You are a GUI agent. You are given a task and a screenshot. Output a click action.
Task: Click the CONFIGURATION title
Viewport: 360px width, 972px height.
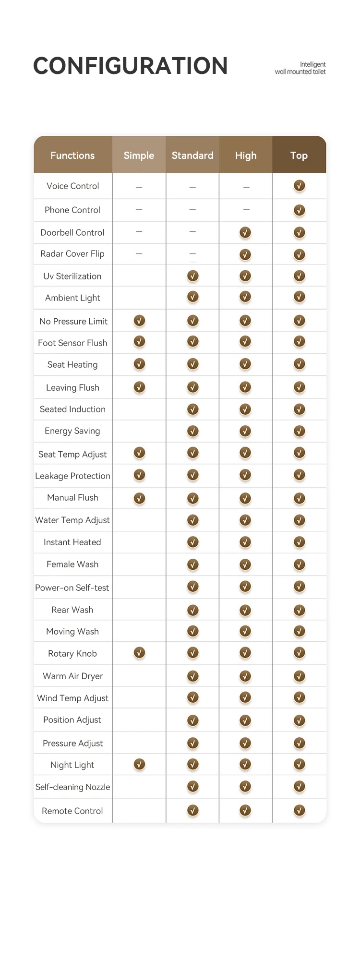(x=130, y=66)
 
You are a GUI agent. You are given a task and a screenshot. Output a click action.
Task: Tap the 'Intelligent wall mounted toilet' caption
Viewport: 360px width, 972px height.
(x=300, y=68)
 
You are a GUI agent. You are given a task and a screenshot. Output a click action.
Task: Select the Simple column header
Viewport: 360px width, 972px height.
(x=139, y=155)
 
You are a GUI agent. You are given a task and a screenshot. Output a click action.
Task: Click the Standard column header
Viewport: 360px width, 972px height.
(x=192, y=155)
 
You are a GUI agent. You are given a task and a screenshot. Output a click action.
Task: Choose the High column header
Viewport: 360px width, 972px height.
(x=246, y=155)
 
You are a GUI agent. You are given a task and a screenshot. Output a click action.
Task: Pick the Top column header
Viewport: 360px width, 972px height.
(x=299, y=155)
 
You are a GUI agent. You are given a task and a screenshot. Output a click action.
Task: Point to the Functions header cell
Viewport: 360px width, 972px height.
(x=72, y=155)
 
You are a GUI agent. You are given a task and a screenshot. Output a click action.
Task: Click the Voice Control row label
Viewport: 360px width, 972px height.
(x=72, y=186)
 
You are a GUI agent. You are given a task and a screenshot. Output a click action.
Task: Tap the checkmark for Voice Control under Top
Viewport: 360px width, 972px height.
(x=300, y=186)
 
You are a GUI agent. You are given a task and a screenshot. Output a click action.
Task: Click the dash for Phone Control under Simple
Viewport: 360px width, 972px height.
(x=139, y=209)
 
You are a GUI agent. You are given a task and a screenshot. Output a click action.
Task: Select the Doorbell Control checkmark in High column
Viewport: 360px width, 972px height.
(x=245, y=232)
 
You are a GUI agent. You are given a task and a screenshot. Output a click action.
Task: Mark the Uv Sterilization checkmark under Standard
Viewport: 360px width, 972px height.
(x=193, y=276)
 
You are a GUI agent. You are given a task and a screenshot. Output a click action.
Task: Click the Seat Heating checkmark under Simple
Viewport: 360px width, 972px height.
(x=139, y=364)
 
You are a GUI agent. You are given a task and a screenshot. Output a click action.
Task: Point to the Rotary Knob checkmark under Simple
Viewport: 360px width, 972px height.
(x=139, y=653)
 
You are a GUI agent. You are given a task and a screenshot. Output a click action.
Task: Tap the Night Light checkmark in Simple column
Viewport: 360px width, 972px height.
(x=139, y=764)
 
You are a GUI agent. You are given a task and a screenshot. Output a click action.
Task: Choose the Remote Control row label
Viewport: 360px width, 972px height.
(x=72, y=811)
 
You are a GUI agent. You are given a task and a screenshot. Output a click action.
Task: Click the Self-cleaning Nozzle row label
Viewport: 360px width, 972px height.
(x=72, y=787)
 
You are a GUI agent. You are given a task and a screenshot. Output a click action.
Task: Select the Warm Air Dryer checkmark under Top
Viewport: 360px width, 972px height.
(x=300, y=676)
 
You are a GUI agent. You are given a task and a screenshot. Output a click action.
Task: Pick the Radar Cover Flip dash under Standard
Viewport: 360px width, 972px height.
(x=192, y=253)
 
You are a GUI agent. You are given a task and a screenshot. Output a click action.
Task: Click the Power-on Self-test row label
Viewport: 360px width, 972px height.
(x=72, y=588)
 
